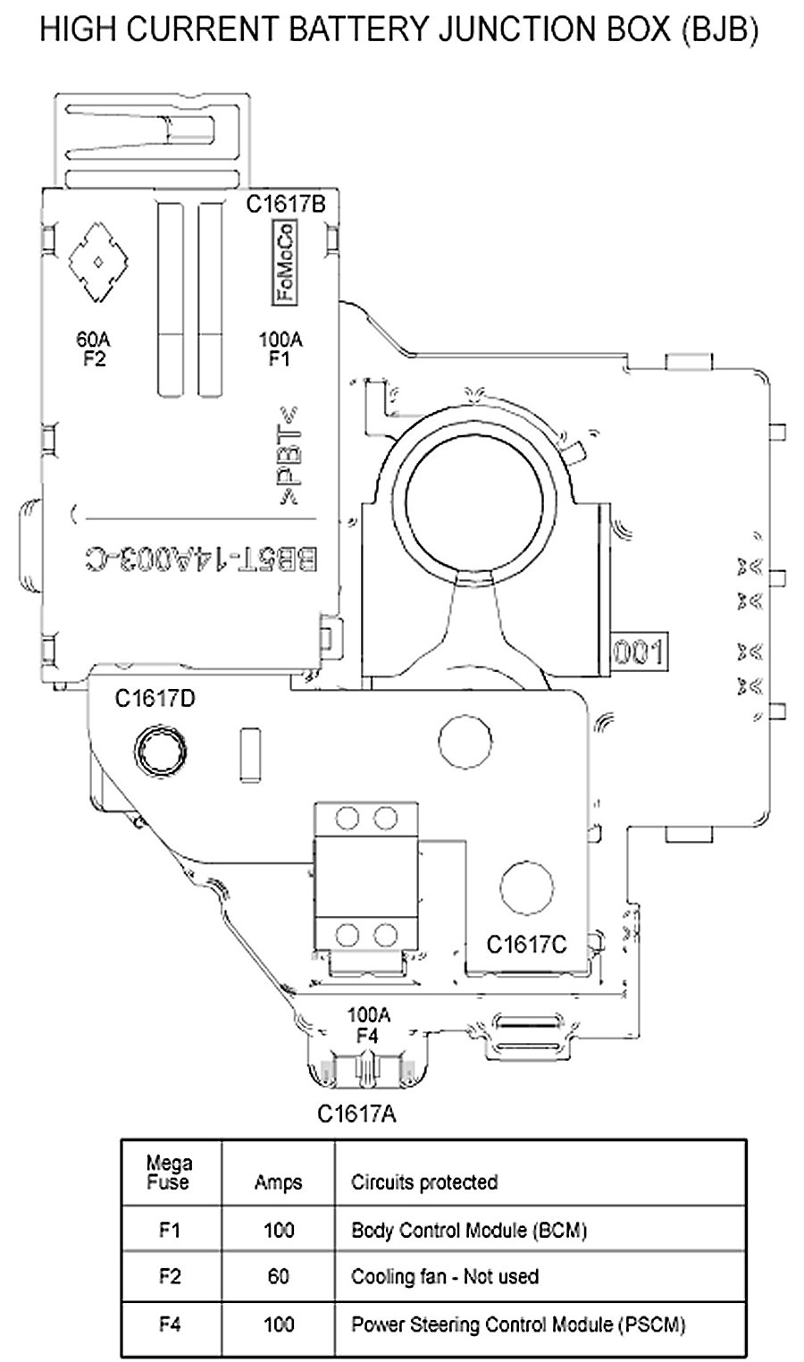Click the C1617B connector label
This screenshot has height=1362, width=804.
pyautogui.click(x=286, y=205)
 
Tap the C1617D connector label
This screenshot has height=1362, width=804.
pyautogui.click(x=155, y=699)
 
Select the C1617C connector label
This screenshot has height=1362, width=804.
pyautogui.click(x=526, y=945)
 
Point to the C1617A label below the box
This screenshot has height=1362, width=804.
pyautogui.click(x=356, y=1114)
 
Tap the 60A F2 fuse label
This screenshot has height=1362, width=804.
pyautogui.click(x=94, y=349)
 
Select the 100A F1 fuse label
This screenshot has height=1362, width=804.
pyautogui.click(x=281, y=349)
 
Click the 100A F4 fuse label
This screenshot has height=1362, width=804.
pyautogui.click(x=368, y=1025)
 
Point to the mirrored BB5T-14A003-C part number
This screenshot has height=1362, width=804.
pyautogui.click(x=201, y=560)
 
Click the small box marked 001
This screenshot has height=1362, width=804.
pyautogui.click(x=638, y=652)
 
